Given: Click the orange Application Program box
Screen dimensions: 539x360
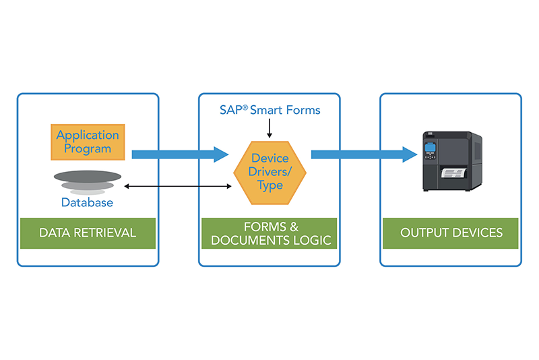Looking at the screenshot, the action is click(88, 142).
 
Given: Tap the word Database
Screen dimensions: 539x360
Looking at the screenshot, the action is click(87, 202).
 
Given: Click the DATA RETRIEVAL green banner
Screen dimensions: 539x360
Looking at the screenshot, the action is click(88, 233).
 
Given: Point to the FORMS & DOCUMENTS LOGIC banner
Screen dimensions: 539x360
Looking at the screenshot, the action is click(269, 233).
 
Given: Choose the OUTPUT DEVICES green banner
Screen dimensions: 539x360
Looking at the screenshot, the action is click(451, 233).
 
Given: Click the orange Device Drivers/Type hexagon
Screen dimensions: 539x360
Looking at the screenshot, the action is click(270, 173).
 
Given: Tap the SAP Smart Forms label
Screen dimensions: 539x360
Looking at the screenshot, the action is click(270, 110).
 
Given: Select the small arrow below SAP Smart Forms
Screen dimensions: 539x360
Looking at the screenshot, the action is click(269, 128).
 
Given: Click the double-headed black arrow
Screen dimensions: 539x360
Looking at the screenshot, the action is click(178, 186).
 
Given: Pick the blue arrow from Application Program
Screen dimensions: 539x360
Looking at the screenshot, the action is click(180, 154).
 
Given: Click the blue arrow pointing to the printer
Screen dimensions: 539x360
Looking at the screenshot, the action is click(364, 154).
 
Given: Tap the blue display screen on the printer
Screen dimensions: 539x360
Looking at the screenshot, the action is click(430, 148).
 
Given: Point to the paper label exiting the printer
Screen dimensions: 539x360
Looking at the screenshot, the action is click(454, 173).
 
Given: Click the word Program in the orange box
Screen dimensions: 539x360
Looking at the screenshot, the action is click(88, 149).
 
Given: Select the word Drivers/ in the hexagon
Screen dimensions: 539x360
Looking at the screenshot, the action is click(270, 171).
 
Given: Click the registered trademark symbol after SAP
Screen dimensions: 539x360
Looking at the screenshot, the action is click(245, 108).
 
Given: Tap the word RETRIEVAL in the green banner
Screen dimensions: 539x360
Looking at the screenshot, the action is click(104, 233).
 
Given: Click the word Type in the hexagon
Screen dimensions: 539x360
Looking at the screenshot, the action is click(270, 185).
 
